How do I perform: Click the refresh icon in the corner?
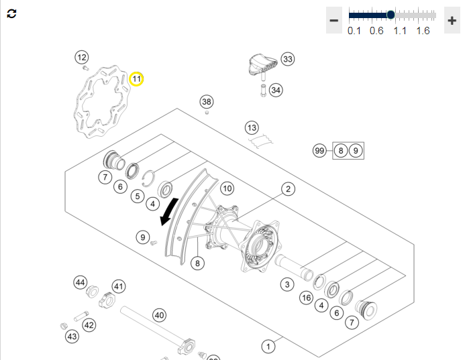coord(11,13)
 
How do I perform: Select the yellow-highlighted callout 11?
coord(136,79)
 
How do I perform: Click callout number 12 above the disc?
coord(82,57)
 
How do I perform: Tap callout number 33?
coord(288,59)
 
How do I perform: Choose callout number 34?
coord(276,90)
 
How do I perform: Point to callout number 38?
coord(207,102)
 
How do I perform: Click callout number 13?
coord(252,127)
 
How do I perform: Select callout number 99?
coord(319,151)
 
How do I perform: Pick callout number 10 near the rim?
coord(227,188)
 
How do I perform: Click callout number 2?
coord(288,189)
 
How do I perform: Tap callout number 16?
coord(307,298)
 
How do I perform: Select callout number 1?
coord(268,347)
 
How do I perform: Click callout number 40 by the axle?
coord(159,315)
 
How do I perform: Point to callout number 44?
coord(81,282)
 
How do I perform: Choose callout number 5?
coord(138,196)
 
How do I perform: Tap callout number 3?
coord(287,284)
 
